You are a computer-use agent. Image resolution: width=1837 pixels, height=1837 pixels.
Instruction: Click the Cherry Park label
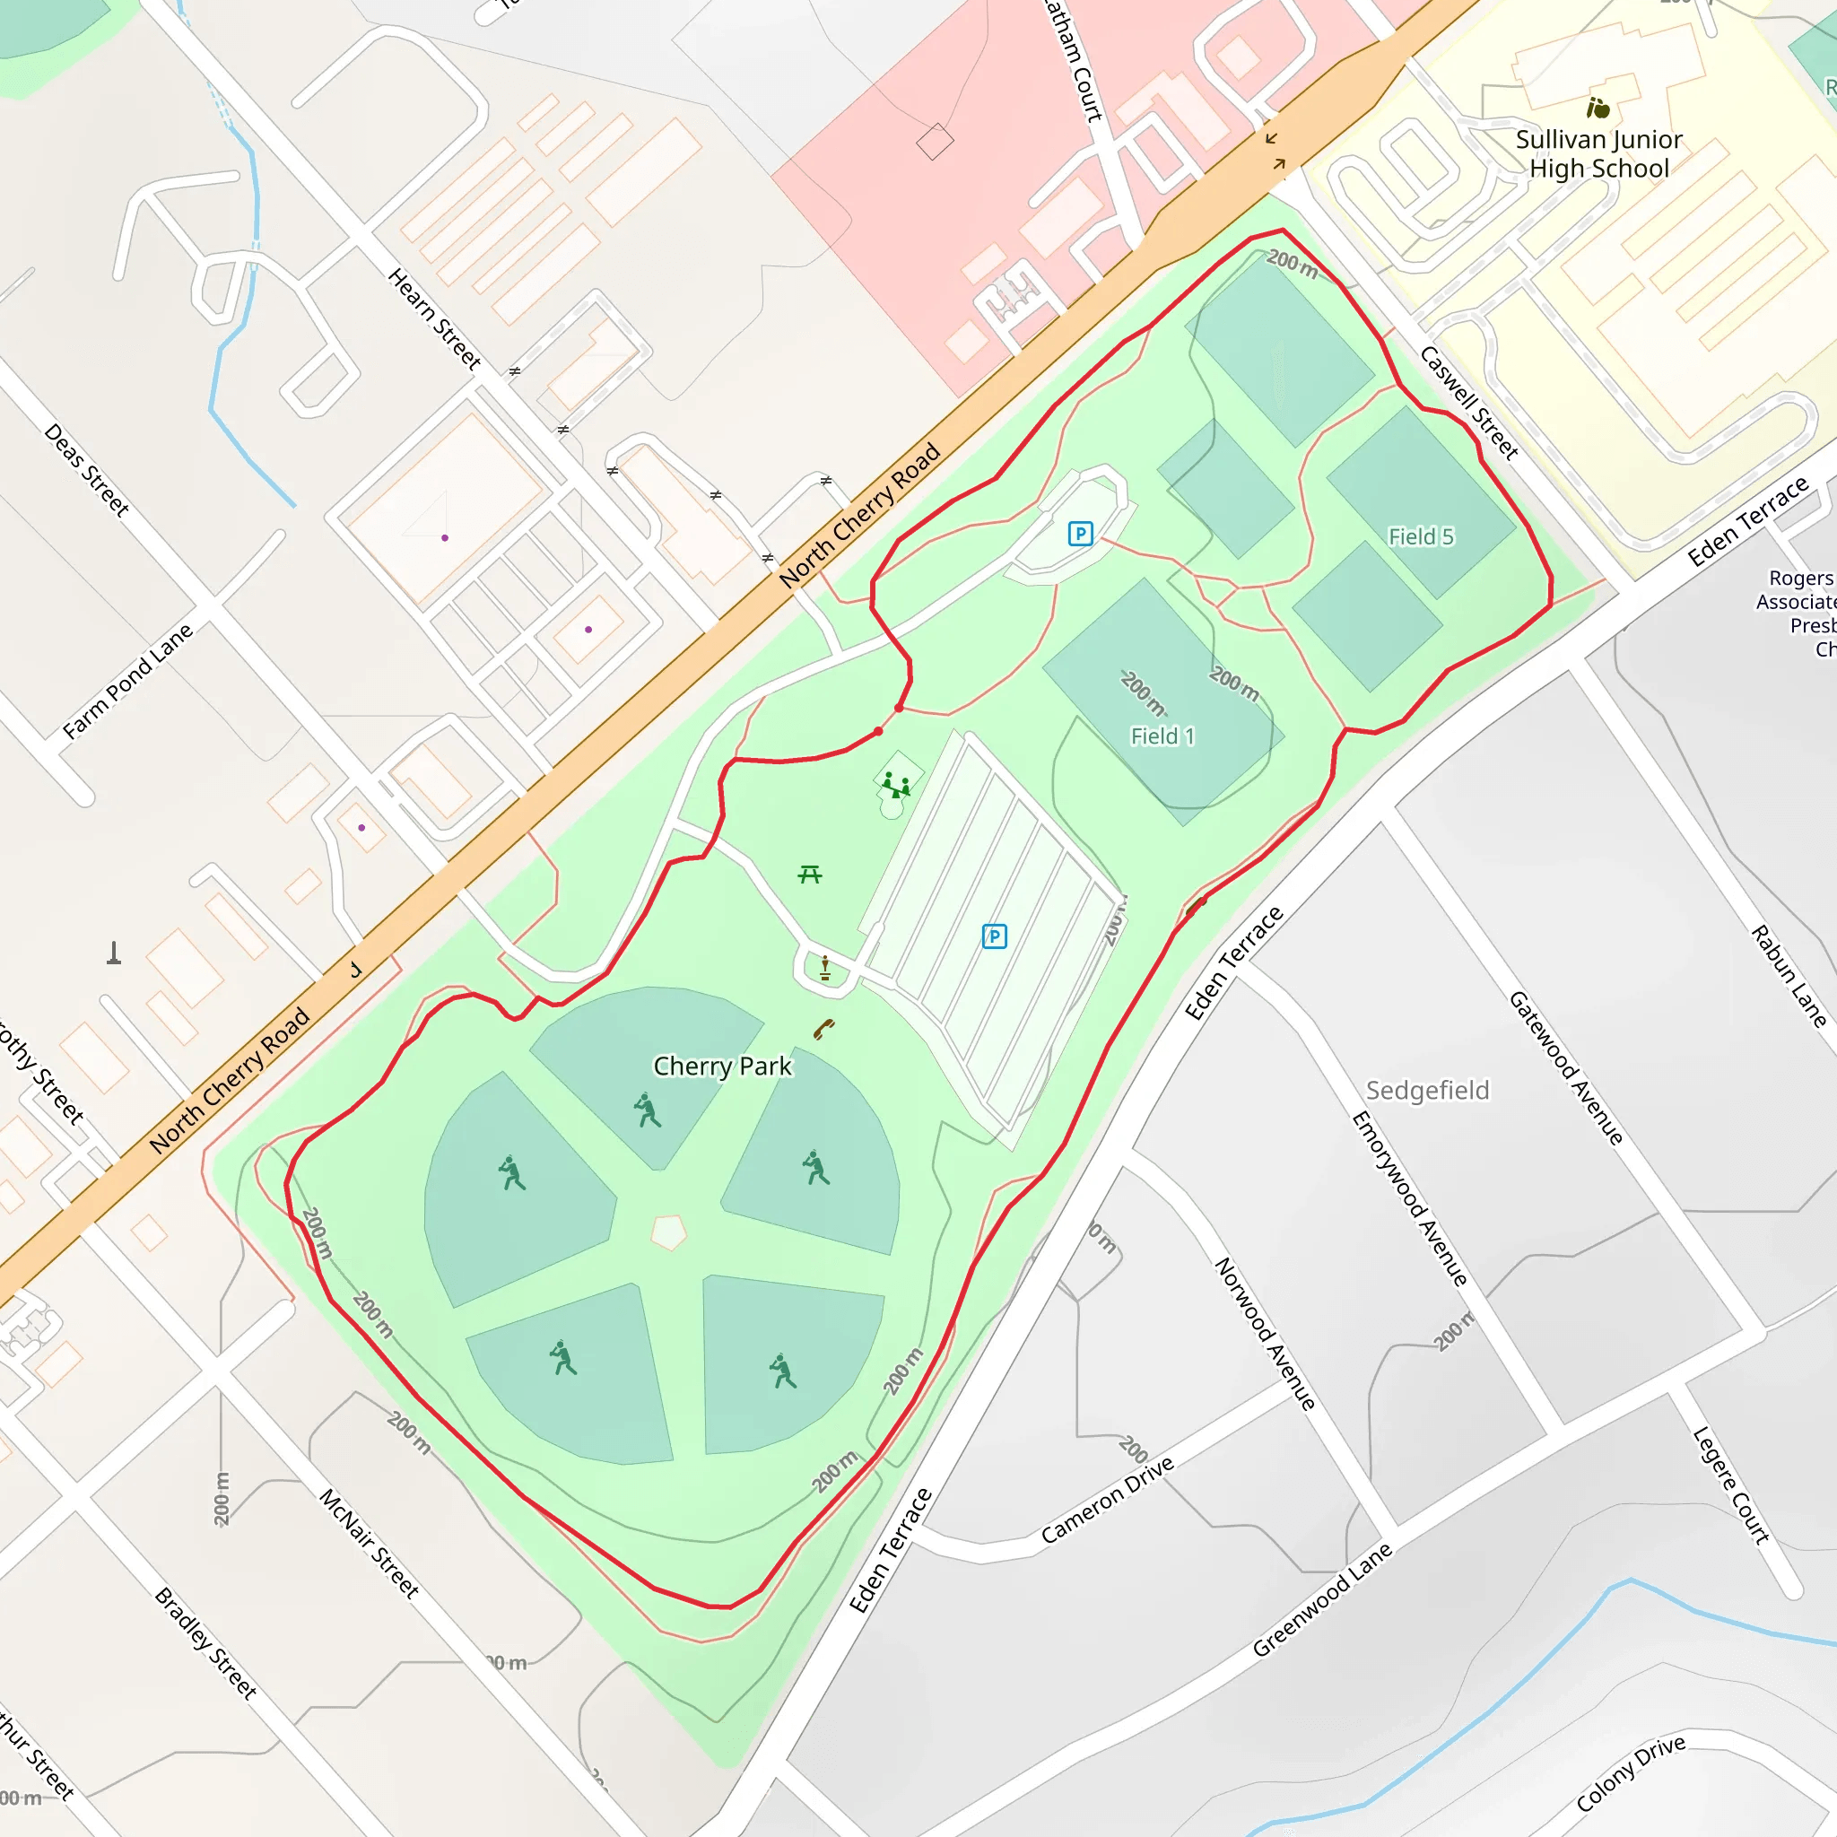pos(722,1067)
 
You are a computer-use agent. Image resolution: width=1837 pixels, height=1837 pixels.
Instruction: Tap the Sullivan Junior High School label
pos(1598,154)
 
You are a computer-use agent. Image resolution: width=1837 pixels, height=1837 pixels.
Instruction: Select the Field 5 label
pos(1421,537)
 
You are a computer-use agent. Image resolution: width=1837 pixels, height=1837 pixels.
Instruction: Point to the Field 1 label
pos(1162,736)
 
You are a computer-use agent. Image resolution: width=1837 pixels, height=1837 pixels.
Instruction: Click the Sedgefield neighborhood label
pos(1427,1091)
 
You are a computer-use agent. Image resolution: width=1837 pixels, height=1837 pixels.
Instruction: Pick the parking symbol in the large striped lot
pos(994,936)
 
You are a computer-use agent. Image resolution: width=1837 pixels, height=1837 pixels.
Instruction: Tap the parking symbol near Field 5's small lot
pos(1080,534)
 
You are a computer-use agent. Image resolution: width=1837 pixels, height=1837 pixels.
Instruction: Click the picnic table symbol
pos(810,874)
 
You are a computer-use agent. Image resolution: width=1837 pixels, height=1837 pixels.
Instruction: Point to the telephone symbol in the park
pos(823,1029)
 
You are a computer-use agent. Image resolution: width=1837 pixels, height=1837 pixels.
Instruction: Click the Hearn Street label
pos(434,318)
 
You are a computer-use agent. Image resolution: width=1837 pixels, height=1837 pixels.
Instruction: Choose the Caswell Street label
pos(1468,403)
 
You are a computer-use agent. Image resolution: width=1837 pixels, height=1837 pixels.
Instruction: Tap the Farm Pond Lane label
pos(127,681)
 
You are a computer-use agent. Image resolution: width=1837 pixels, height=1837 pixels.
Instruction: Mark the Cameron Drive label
pos(1108,1501)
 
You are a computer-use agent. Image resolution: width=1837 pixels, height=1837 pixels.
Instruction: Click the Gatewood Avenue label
pos(1566,1067)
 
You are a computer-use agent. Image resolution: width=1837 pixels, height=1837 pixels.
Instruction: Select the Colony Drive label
pos(1631,1773)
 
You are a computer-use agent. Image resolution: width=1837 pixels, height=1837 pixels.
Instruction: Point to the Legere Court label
pos(1730,1485)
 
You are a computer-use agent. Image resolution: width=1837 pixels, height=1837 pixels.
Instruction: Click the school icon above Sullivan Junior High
pos(1598,109)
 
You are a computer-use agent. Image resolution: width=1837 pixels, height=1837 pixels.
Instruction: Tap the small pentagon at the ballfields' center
pos(668,1232)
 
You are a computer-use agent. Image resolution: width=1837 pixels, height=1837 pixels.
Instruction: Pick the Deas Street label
pos(86,471)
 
